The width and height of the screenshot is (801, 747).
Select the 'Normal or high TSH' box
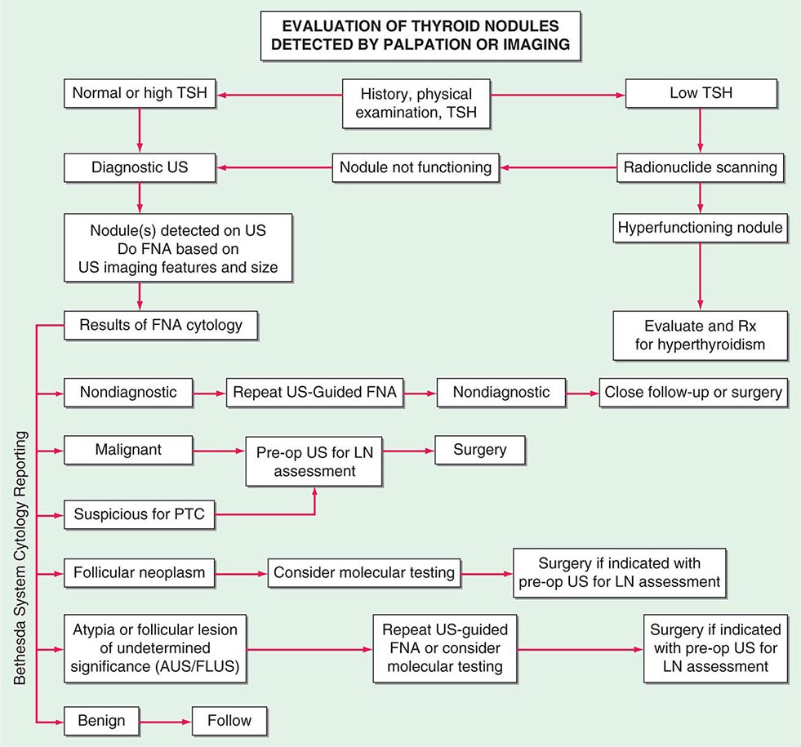click(x=140, y=93)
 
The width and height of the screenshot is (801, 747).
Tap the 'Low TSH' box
click(x=701, y=93)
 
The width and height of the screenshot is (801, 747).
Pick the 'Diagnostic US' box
click(x=140, y=168)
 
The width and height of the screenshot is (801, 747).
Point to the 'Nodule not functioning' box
click(x=416, y=168)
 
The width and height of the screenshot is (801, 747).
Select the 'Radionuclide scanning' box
click(x=701, y=168)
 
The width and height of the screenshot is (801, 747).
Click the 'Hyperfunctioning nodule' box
click(x=701, y=229)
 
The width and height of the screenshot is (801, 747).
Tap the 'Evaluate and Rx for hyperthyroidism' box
click(x=701, y=335)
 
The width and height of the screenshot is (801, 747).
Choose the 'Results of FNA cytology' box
click(x=161, y=326)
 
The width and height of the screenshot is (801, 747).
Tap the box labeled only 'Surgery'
click(x=481, y=449)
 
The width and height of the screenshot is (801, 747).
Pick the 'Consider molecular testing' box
click(x=363, y=572)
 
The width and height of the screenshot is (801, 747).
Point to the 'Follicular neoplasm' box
click(x=140, y=572)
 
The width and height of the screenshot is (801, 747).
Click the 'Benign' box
click(x=102, y=721)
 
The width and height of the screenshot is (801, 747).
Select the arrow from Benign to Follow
click(x=167, y=721)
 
